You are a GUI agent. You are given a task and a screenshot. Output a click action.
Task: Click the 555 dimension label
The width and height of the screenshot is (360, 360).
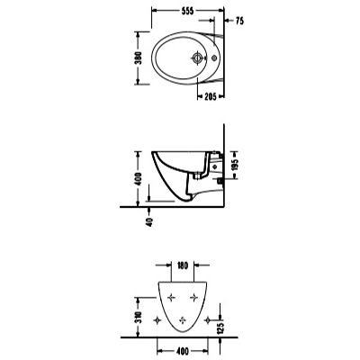point(188,11)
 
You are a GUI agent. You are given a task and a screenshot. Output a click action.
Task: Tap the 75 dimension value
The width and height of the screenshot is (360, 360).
point(239,21)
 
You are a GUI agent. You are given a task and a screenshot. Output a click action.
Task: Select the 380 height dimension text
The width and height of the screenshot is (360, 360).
point(139,58)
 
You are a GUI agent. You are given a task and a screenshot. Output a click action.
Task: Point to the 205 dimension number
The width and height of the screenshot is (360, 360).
point(210,96)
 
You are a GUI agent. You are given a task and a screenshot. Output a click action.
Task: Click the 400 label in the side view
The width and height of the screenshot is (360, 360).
point(139,179)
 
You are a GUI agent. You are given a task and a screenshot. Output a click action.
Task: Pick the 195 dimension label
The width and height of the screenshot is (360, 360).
point(235,164)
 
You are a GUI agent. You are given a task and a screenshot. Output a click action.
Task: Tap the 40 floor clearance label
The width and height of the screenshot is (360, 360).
point(149,221)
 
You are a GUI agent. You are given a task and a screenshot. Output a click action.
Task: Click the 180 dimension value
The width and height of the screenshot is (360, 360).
point(182,265)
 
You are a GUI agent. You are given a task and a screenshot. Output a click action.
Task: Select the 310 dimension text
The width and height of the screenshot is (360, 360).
point(139,318)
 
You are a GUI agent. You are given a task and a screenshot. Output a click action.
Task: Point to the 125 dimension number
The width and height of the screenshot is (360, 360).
point(221,329)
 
